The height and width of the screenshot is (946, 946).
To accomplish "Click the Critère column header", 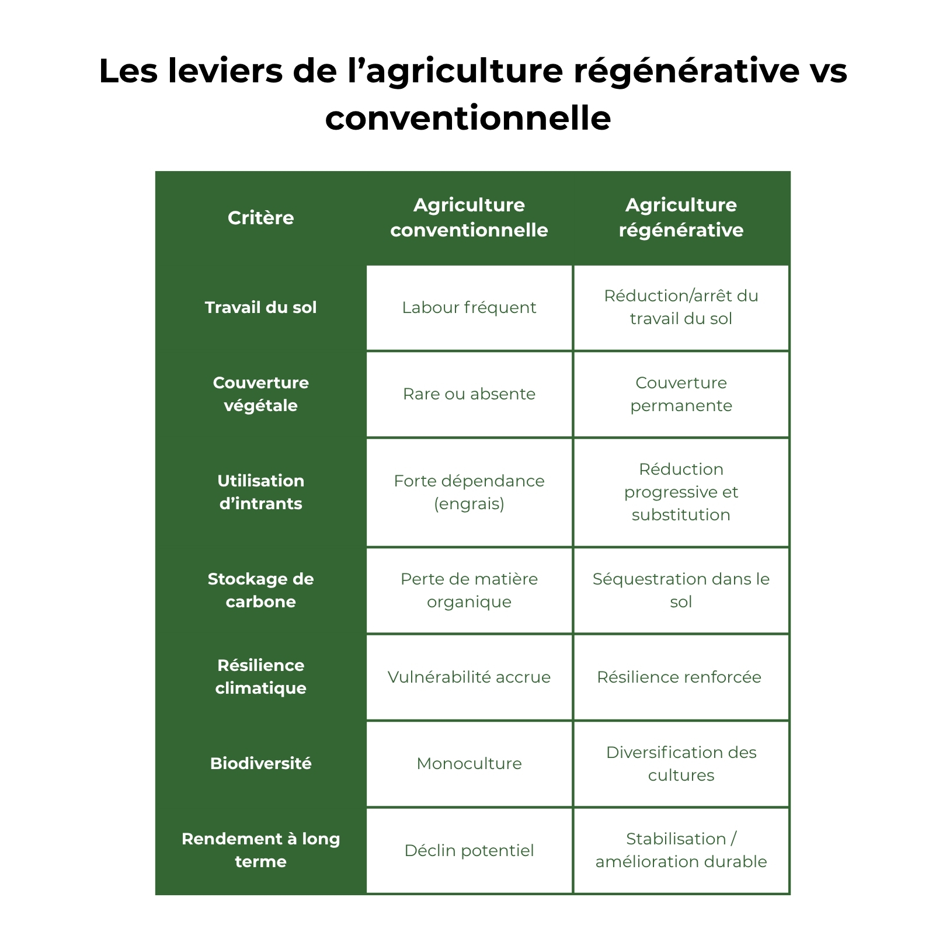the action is point(260,218).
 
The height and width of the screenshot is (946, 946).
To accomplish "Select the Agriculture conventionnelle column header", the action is point(469,217).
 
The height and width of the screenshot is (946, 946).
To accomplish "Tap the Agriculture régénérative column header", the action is point(681,217).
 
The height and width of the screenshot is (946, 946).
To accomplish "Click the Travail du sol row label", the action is point(260,307).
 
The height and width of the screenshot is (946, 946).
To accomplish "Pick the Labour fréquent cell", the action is point(469,307).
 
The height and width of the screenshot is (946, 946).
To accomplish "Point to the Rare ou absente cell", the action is point(469,394).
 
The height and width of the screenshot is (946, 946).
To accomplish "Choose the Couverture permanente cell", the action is point(681,394).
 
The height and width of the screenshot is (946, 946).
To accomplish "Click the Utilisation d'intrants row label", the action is point(260,492).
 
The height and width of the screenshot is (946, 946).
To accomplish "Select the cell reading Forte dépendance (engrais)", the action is point(469,492).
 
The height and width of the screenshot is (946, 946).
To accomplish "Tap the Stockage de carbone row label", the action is point(260,590).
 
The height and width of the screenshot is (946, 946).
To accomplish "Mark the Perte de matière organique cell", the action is point(469,590).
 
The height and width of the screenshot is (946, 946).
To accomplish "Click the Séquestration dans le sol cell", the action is point(681,590).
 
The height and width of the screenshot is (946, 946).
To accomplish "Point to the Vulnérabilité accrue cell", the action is point(469,677).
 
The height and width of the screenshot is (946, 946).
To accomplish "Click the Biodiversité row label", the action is point(260,764).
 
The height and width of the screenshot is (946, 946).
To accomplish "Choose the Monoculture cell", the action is point(469,764).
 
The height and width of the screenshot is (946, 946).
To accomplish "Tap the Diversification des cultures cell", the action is point(681,764).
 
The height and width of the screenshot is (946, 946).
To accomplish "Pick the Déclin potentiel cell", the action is point(469,851).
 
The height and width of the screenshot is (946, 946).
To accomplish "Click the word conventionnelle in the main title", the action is point(468,119).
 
